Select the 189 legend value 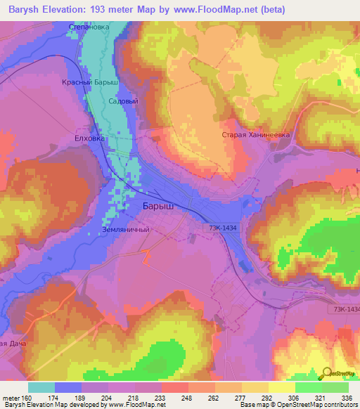pos(82,398)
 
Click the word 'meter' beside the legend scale pos(11,398)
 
